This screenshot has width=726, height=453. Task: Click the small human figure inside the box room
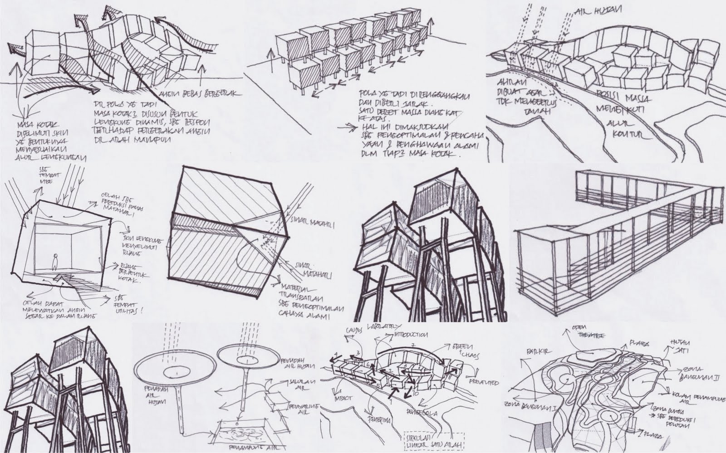click(x=55, y=262)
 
